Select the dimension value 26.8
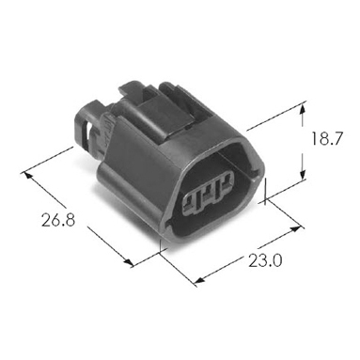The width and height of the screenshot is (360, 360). click(58, 220)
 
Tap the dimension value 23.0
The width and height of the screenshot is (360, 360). click(265, 261)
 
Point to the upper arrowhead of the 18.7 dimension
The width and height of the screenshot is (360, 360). click(302, 110)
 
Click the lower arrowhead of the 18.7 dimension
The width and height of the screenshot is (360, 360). click(303, 173)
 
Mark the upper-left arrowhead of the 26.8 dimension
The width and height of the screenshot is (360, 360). click(27, 176)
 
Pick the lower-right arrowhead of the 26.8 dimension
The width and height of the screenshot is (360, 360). click(128, 262)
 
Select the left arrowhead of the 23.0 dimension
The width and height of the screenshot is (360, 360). click(199, 280)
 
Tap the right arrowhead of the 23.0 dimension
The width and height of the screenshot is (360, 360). click(297, 228)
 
